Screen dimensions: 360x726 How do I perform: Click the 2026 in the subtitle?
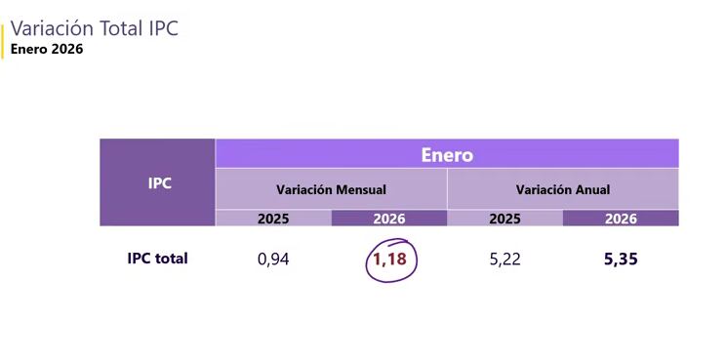pyautogui.click(x=67, y=49)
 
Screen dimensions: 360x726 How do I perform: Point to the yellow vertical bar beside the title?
pyautogui.click(x=3, y=39)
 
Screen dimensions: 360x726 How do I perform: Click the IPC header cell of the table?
pyautogui.click(x=157, y=182)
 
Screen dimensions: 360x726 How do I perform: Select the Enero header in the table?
pyautogui.click(x=447, y=154)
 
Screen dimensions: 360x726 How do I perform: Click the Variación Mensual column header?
pyautogui.click(x=331, y=189)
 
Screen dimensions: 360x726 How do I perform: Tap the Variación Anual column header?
pyautogui.click(x=563, y=189)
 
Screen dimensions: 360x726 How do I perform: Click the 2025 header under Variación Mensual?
pyautogui.click(x=273, y=219)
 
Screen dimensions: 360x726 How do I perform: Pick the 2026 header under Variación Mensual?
pyautogui.click(x=388, y=219)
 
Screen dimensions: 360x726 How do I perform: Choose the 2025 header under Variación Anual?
pyautogui.click(x=504, y=219)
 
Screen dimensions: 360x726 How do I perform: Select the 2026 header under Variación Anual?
pyautogui.click(x=621, y=219)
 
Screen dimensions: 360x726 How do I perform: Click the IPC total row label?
pyautogui.click(x=157, y=259)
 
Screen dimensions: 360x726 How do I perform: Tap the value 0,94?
pyautogui.click(x=273, y=260)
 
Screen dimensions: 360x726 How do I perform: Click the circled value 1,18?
pyautogui.click(x=390, y=260)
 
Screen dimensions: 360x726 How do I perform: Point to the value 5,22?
pyautogui.click(x=504, y=260)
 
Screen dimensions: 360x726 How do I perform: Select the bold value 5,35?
pyautogui.click(x=621, y=260)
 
